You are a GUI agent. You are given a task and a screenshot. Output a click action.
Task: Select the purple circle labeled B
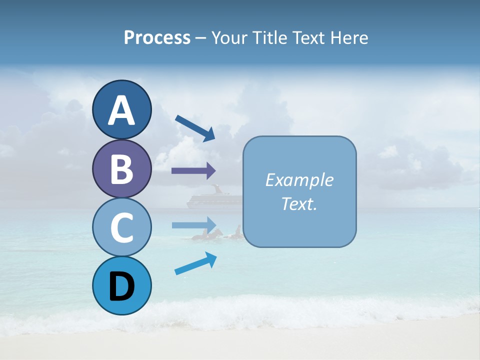[122, 168]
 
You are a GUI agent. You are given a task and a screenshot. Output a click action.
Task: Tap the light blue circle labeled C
[122, 227]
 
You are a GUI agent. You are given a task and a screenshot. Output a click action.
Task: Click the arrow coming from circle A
[195, 128]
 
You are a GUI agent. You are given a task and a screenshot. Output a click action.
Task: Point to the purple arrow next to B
[193, 170]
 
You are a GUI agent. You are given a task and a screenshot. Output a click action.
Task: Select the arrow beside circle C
[194, 224]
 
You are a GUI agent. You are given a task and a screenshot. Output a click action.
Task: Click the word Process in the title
[157, 37]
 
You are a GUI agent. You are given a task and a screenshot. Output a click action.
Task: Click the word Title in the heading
[270, 37]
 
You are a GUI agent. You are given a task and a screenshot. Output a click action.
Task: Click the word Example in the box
[299, 180]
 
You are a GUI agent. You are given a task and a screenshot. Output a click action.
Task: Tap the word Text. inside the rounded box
[299, 203]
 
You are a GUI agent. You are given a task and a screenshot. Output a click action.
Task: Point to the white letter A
[122, 110]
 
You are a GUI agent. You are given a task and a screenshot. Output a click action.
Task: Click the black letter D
[122, 286]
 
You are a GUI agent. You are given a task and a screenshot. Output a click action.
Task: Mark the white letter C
[122, 227]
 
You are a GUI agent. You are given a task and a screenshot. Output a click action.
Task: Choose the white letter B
[122, 169]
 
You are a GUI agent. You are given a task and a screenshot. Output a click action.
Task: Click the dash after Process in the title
[201, 38]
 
